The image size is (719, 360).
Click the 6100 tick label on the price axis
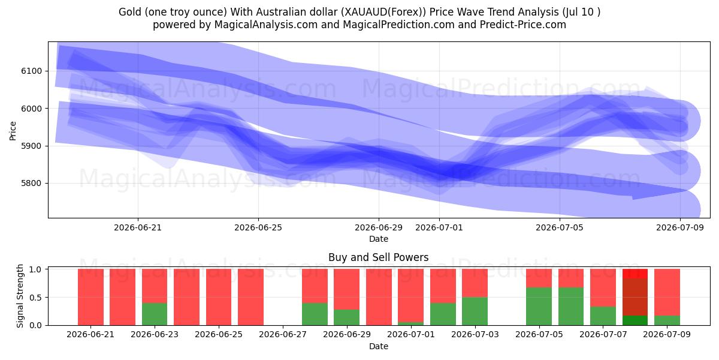click(x=31, y=71)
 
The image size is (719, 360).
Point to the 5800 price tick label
click(x=31, y=183)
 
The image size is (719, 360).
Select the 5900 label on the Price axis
click(x=31, y=146)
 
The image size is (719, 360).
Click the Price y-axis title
click(x=13, y=131)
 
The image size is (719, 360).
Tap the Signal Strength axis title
click(x=20, y=296)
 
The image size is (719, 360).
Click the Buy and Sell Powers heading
click(x=379, y=257)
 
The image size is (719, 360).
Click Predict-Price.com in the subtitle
click(x=523, y=25)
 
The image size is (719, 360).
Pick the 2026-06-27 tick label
click(x=283, y=334)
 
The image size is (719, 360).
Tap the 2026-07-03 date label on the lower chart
click(x=475, y=334)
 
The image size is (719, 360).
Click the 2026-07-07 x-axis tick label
click(x=603, y=334)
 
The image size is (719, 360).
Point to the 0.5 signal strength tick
click(x=35, y=298)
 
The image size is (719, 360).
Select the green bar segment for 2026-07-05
click(x=539, y=307)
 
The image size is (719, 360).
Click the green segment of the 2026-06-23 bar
click(x=155, y=314)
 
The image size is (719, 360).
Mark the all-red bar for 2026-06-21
click(x=90, y=297)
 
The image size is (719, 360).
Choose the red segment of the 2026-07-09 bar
click(x=667, y=292)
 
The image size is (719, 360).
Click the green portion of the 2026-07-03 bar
click(x=475, y=311)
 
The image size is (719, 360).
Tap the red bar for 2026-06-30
click(x=379, y=297)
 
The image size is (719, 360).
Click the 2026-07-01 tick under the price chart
click(x=439, y=227)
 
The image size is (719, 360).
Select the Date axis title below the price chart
click(x=379, y=239)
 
